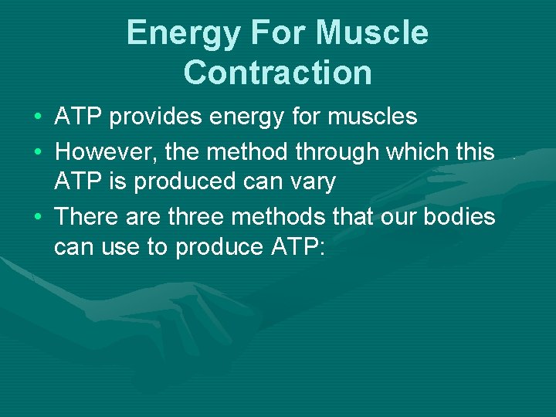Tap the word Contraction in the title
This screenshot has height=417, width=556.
point(278,73)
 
